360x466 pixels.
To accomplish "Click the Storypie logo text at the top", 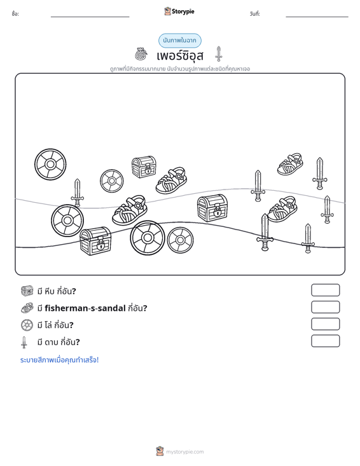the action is (x=183, y=11).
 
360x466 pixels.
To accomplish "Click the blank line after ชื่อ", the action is (x=90, y=17).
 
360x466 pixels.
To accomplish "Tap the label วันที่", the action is (x=255, y=14).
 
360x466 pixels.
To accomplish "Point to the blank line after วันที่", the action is (x=317, y=17).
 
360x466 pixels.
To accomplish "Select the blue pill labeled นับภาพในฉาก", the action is (x=179, y=41).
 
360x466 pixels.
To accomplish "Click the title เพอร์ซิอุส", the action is (x=180, y=55).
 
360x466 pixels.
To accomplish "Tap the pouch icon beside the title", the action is (x=141, y=54).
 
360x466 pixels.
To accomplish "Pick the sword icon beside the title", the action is (x=219, y=54).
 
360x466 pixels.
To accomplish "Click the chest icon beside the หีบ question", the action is (x=27, y=291).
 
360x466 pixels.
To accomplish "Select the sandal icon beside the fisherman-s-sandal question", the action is (x=27, y=308).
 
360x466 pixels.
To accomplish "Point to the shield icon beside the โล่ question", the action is (x=27, y=325).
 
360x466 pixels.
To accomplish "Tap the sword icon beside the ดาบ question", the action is (x=24, y=342).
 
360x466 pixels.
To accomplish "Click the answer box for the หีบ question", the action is (x=325, y=290).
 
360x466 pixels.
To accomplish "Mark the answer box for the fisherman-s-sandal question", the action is (x=325, y=307).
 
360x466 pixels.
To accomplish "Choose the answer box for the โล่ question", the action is (x=325, y=324).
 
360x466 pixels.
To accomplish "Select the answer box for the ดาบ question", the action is (x=325, y=341).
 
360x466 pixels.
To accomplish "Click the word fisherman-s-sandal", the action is (x=85, y=308).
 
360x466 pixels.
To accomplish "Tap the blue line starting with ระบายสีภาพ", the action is (x=59, y=360).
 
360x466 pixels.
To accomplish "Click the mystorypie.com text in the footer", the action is (x=184, y=452).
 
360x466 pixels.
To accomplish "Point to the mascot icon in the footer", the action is (x=160, y=451).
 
